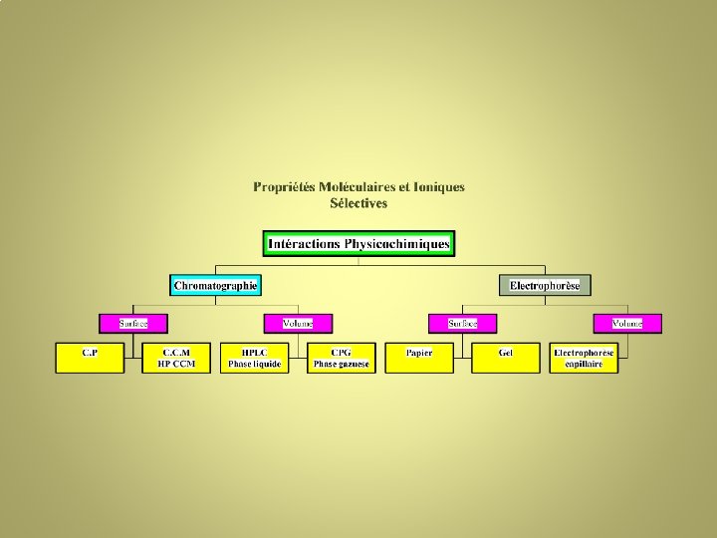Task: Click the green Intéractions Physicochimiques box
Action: coord(358,244)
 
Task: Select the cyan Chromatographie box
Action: coord(215,286)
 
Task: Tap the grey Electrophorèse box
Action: coord(545,286)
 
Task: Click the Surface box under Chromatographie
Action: coord(133,324)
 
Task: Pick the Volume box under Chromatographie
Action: coord(298,324)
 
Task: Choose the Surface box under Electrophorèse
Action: coord(463,324)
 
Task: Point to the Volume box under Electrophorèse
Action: coord(627,324)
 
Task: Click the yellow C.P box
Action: coord(90,358)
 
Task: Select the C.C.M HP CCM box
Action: coord(177,358)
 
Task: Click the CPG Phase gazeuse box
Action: coord(342,358)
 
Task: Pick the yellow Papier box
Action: coord(419,358)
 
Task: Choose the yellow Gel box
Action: coord(506,358)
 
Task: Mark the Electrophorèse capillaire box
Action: coord(585,358)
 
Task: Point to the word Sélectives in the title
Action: coord(358,203)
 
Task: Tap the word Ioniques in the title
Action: coord(439,186)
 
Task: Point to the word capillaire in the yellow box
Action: coord(585,364)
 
